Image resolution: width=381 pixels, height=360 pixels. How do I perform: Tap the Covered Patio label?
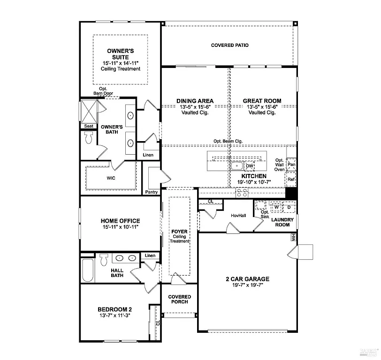coord(229,45)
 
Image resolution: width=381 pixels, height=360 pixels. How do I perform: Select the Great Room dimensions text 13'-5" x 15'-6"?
coord(262,107)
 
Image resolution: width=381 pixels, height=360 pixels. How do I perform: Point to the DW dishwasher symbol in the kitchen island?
coord(250,166)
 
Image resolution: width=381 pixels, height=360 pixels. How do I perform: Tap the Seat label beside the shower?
coord(88,126)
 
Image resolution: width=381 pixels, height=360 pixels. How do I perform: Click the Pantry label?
coord(152,192)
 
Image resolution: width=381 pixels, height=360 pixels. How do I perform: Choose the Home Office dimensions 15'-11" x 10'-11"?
coord(120,227)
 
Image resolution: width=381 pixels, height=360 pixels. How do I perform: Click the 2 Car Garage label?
coord(246,279)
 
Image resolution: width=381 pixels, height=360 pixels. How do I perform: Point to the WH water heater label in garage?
coord(294,238)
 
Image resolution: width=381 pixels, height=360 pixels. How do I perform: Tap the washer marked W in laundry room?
coord(277,206)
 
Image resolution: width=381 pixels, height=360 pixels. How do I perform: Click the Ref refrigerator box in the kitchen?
coord(291,179)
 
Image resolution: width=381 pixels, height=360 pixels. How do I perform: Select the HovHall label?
coord(238,216)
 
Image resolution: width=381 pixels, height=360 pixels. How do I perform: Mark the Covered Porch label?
coord(180,299)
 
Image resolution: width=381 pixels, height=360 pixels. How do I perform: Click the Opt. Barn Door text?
coord(103,91)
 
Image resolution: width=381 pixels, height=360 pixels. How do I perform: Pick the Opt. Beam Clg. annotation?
coord(228,141)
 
